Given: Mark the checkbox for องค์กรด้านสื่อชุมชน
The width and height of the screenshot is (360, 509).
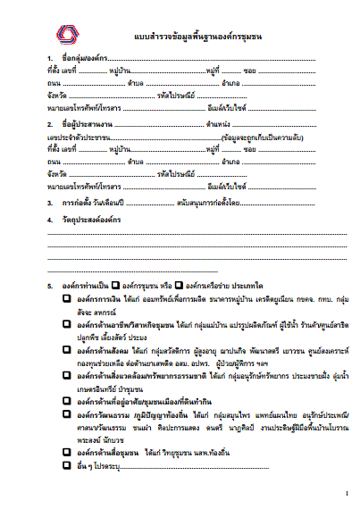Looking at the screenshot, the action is pyautogui.click(x=67, y=453).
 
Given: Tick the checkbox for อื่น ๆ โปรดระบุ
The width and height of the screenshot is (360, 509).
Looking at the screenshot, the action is pyautogui.click(x=67, y=465).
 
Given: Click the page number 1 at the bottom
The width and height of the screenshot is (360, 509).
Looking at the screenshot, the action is pyautogui.click(x=345, y=492).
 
